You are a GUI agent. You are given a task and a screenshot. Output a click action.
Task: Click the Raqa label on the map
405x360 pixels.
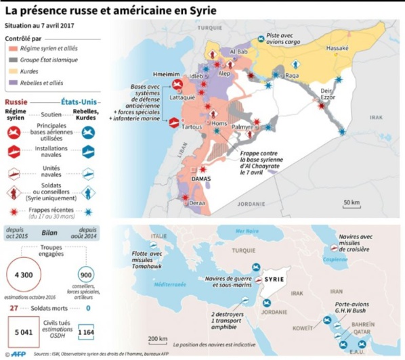293,76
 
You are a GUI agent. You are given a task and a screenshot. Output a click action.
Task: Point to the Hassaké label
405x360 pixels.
337,49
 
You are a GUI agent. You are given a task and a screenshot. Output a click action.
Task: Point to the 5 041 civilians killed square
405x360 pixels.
24,332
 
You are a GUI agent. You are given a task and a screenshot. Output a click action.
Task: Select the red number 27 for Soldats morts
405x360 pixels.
14,308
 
